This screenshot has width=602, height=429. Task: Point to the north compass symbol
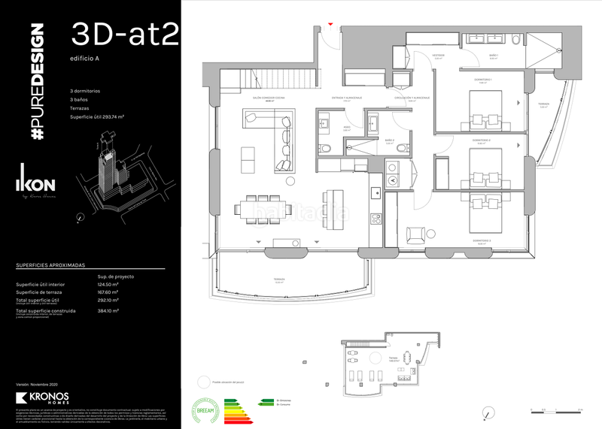coord(490,412)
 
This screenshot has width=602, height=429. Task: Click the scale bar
coord(557,410)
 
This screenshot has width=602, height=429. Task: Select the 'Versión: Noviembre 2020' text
coord(38,384)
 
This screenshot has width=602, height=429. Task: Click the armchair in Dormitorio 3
coord(415,234)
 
